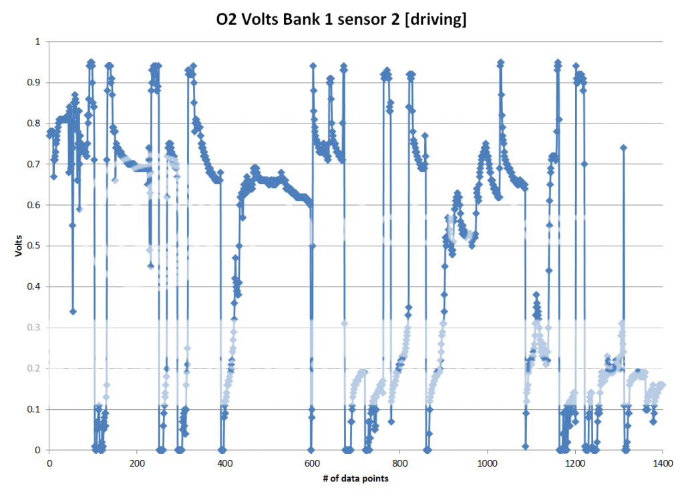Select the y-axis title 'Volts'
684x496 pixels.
[x=20, y=245]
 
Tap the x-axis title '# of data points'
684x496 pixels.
[x=355, y=479]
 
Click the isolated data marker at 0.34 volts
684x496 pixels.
[x=73, y=311]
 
